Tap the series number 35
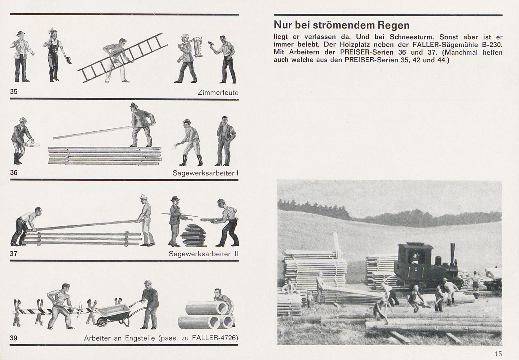(14, 92)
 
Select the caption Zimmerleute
(218, 93)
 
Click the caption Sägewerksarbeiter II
(204, 254)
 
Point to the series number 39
(13, 338)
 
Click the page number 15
(498, 354)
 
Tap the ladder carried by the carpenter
(122, 58)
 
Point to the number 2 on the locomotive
(416, 269)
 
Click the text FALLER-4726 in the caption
(215, 338)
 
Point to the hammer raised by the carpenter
(210, 44)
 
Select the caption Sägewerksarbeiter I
(205, 173)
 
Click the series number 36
(14, 172)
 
